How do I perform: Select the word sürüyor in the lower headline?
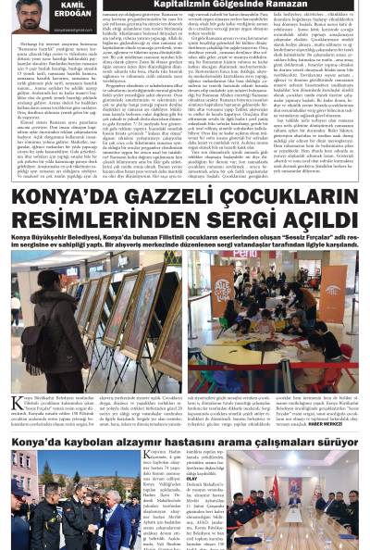click(330, 444)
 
